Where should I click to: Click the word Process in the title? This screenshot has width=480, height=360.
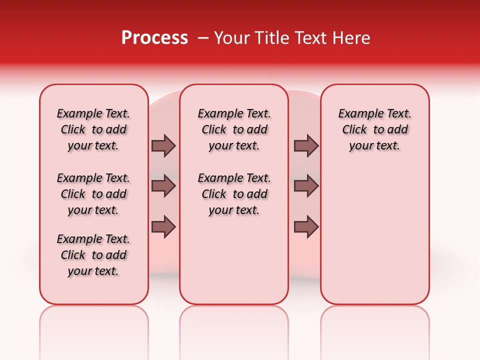tap(154, 38)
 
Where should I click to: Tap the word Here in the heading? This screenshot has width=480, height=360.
tap(351, 38)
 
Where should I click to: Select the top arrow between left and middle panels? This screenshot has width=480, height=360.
tap(163, 145)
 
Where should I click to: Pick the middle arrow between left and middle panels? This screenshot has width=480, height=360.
tap(163, 186)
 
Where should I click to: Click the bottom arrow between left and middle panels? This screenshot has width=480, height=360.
tap(163, 226)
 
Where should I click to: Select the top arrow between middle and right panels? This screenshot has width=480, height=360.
tap(306, 145)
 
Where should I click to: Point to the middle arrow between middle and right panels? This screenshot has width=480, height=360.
tap(306, 186)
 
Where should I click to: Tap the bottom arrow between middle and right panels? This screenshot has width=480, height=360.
tap(306, 226)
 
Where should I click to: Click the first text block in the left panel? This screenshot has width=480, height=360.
tap(93, 129)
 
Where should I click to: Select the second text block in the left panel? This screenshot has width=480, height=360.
tap(93, 194)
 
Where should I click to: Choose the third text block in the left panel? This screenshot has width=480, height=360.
tap(93, 255)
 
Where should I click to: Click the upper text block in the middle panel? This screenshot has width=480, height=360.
tap(234, 129)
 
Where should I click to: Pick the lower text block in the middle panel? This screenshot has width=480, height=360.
tap(234, 194)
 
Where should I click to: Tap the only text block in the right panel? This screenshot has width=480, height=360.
tap(375, 129)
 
